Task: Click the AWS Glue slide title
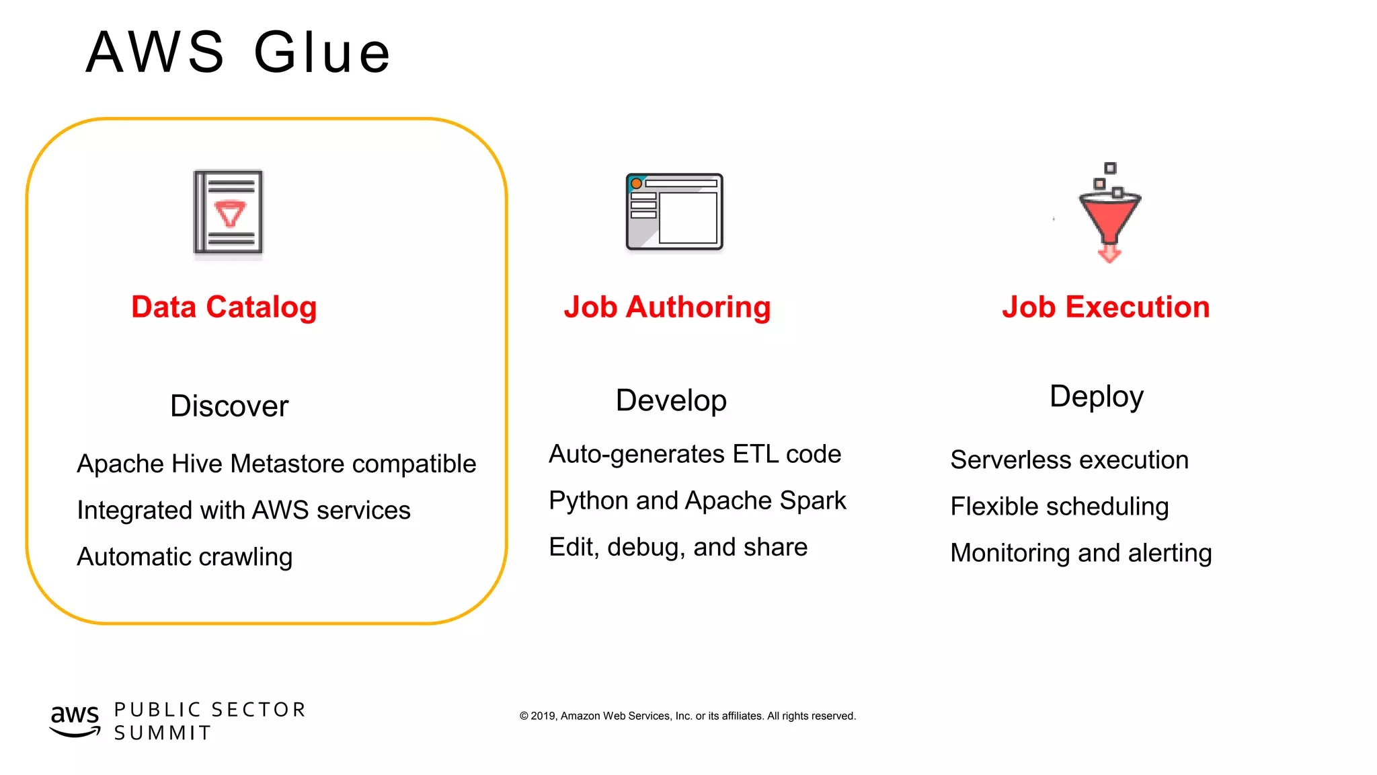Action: pyautogui.click(x=238, y=52)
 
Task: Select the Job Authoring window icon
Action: pyautogui.click(x=674, y=212)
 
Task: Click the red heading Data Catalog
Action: pyautogui.click(x=224, y=307)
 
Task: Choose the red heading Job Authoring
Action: pyautogui.click(x=667, y=307)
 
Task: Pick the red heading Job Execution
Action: pyautogui.click(x=1105, y=307)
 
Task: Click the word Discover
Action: pyautogui.click(x=229, y=406)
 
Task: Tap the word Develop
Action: pyautogui.click(x=671, y=401)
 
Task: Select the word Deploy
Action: pyautogui.click(x=1096, y=397)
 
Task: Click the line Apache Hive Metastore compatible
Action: pyautogui.click(x=276, y=464)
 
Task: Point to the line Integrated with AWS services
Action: pyautogui.click(x=243, y=511)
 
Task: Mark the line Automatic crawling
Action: pyautogui.click(x=185, y=557)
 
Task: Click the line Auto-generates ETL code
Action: pyautogui.click(x=695, y=455)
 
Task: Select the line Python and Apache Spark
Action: pyautogui.click(x=697, y=501)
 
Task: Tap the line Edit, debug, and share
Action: pyautogui.click(x=678, y=548)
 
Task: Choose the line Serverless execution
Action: pyautogui.click(x=1069, y=460)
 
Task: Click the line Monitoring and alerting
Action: pyautogui.click(x=1080, y=553)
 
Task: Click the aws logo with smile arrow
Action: pyautogui.click(x=75, y=720)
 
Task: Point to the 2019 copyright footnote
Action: pyautogui.click(x=687, y=716)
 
